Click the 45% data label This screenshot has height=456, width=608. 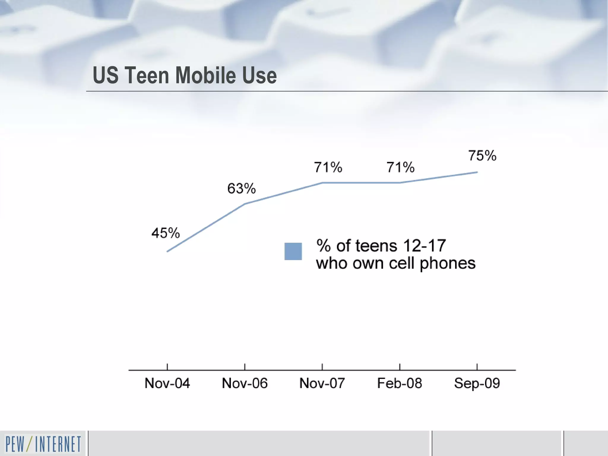(166, 233)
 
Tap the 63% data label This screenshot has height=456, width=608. (241, 189)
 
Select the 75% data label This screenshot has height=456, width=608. (482, 156)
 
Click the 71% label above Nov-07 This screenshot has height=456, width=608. (328, 167)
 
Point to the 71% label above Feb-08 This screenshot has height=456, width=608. (400, 167)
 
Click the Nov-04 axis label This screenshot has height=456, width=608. (167, 383)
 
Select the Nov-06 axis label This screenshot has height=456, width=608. (245, 383)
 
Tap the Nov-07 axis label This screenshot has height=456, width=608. (322, 383)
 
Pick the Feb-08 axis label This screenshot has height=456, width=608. (400, 383)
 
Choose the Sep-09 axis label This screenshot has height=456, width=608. (477, 383)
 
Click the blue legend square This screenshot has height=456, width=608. (293, 251)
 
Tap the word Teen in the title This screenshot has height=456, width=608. (147, 75)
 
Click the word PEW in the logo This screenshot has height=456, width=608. (15, 444)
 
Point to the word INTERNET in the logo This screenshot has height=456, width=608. (58, 444)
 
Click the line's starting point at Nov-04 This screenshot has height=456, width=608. (168, 251)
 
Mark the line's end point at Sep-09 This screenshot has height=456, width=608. (477, 172)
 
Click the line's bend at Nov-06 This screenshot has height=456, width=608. (245, 204)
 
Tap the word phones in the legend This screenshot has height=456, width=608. (447, 263)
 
